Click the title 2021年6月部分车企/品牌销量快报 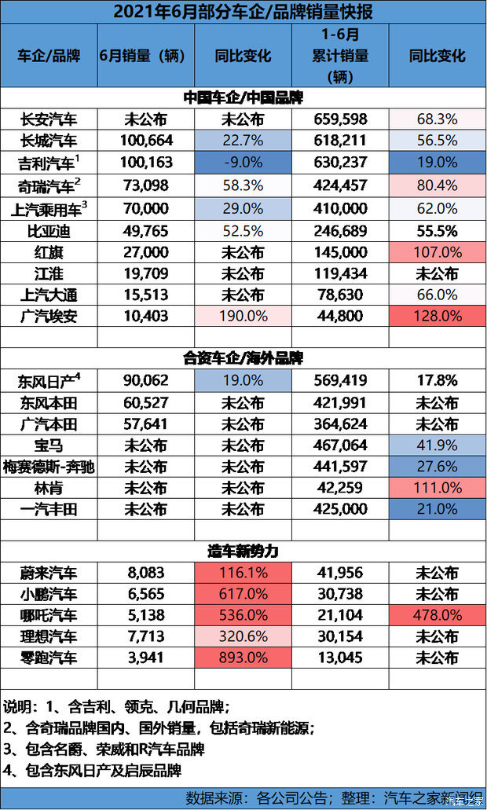[243, 12]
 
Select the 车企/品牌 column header [49, 56]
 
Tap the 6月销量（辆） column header [145, 56]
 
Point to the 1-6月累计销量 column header [339, 56]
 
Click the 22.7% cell [243, 141]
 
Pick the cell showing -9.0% [243, 163]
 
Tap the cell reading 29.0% [243, 208]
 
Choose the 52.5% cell [243, 231]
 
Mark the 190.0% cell [243, 316]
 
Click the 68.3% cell [437, 119]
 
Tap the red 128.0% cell [437, 316]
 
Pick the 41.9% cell [437, 444]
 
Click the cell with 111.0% [437, 488]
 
